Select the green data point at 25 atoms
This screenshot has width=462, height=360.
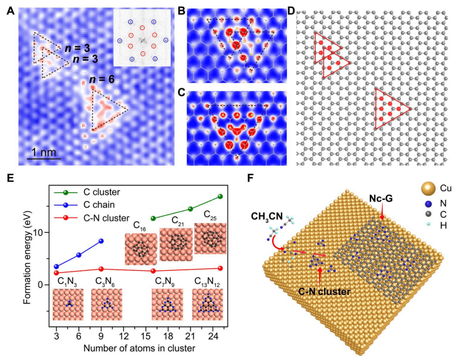(x=220, y=197)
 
